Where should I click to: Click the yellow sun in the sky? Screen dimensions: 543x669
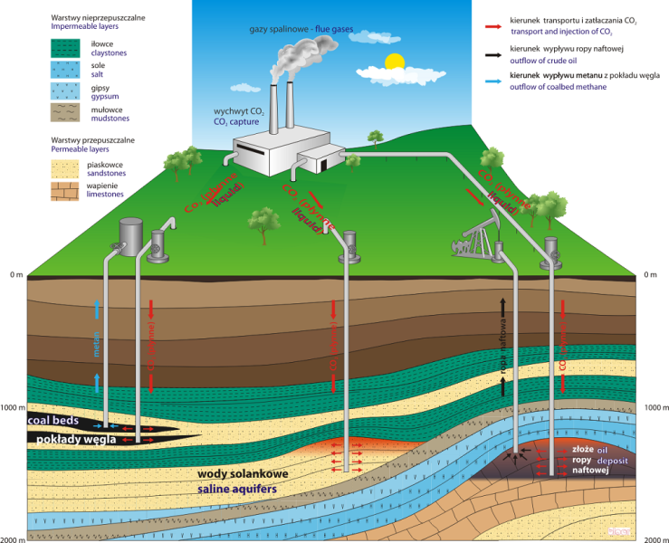(393, 62)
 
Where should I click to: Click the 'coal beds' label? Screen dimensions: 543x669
(55, 421)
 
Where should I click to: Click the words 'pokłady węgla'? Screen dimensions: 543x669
(68, 439)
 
